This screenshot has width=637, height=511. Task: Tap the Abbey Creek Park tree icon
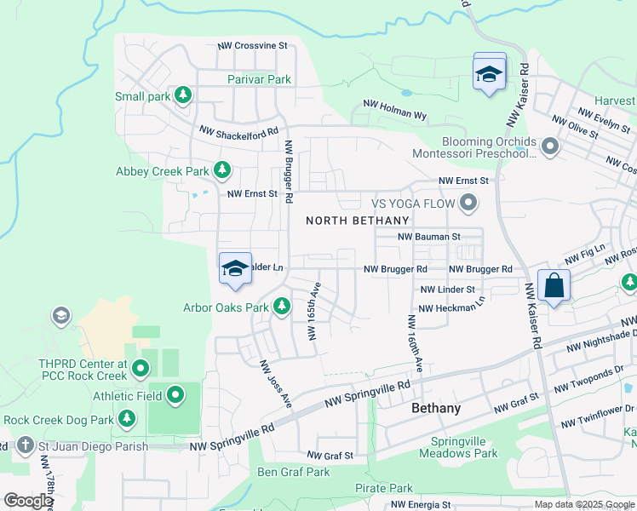(222, 170)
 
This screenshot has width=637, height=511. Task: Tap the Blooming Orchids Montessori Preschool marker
(549, 147)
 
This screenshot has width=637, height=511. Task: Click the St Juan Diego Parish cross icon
(25, 445)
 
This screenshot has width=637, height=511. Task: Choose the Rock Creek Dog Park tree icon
(127, 419)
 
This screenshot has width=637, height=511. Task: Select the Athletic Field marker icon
(176, 394)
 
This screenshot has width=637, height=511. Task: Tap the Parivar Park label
(260, 79)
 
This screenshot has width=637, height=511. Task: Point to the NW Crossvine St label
(253, 45)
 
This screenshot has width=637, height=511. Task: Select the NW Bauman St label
(429, 236)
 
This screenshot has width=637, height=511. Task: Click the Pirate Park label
(383, 488)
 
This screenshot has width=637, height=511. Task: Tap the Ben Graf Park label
(294, 472)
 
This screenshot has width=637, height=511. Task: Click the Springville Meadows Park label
(464, 447)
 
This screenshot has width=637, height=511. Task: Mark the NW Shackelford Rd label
(239, 131)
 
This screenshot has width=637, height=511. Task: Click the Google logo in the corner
(27, 501)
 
